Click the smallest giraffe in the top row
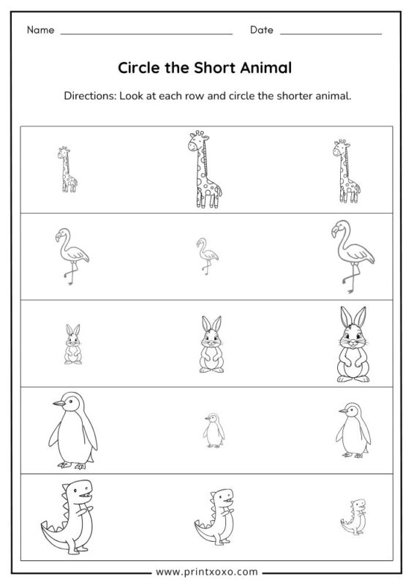click(x=67, y=170)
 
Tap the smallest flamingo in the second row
click(x=206, y=256)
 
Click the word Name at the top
click(x=41, y=30)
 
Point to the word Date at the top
click(x=261, y=30)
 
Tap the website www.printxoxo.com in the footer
click(x=207, y=571)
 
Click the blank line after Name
click(x=146, y=34)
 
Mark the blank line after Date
click(x=331, y=34)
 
